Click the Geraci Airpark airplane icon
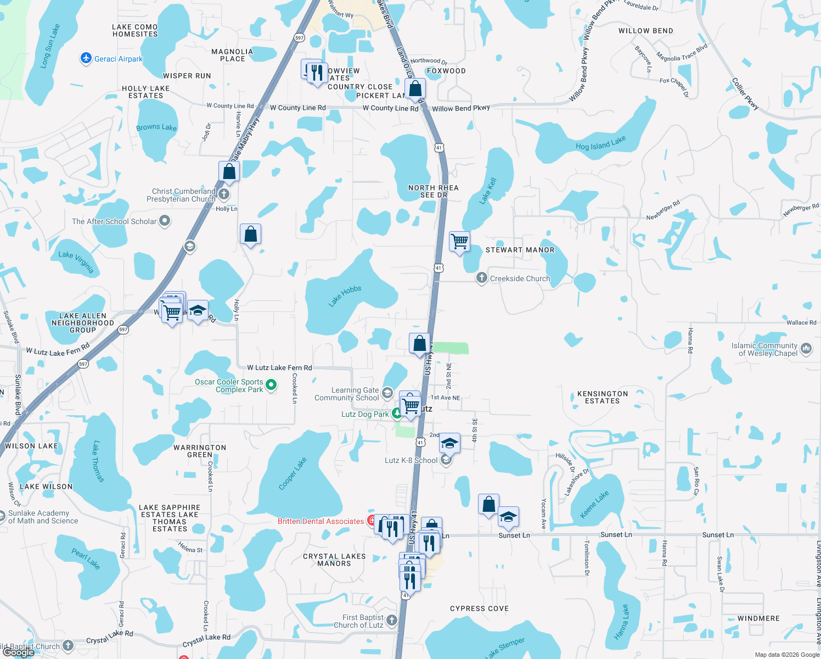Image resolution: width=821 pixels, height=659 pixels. [x=86, y=58]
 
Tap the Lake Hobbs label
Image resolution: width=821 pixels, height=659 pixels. [x=345, y=296]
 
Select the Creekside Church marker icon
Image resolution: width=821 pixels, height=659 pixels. [x=481, y=278]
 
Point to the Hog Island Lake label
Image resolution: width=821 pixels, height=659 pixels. [x=600, y=143]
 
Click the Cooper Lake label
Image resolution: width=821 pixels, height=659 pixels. [x=293, y=473]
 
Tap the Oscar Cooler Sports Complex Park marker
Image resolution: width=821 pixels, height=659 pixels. [x=271, y=386]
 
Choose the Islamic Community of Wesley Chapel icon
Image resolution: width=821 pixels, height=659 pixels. [x=806, y=349]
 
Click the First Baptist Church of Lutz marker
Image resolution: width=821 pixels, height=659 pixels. [x=391, y=621]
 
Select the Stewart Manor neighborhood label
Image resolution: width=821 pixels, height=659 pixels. [x=520, y=250]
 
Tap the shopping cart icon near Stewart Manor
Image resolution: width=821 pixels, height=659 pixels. [x=459, y=241]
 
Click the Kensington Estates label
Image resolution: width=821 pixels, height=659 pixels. [x=602, y=397]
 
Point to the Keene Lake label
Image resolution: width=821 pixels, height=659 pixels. [x=594, y=504]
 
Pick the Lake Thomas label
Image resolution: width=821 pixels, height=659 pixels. [x=98, y=461]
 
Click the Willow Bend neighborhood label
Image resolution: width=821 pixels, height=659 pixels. [x=645, y=31]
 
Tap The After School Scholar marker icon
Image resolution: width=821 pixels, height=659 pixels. [x=165, y=221]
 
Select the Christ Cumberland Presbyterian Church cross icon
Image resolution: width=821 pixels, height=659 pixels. [x=224, y=194]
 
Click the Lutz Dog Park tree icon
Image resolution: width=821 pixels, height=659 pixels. [x=397, y=414]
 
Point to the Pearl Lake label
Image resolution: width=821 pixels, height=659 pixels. [x=86, y=559]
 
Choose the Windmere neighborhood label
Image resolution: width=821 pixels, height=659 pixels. [x=758, y=618]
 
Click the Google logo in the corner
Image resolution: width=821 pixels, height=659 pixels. [x=19, y=652]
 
